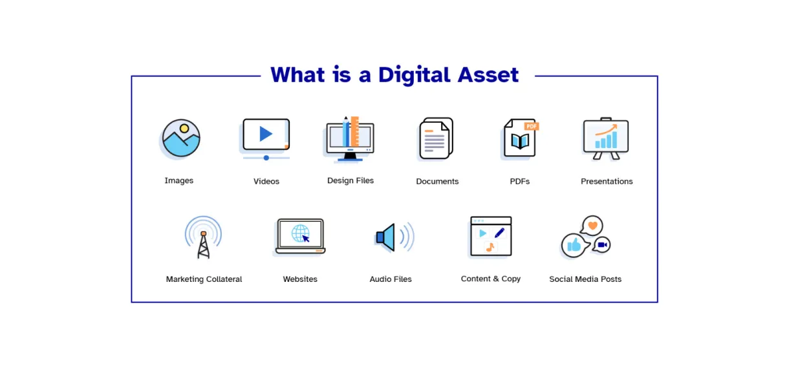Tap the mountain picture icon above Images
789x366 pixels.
181,138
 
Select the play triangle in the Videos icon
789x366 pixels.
266,134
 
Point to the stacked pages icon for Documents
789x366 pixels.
435,138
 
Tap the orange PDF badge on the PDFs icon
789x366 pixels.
532,126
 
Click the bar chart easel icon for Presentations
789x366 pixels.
606,138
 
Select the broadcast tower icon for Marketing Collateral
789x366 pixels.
204,238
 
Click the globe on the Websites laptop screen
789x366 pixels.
300,233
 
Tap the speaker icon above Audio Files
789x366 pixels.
387,237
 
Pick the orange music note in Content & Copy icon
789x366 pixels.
490,247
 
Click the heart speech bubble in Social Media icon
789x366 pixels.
591,226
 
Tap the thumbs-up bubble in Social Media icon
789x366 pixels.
574,245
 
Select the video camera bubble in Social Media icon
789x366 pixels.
602,245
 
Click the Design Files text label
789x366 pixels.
350,181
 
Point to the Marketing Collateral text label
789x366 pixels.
204,279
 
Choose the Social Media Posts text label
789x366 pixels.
585,279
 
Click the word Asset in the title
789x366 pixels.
488,75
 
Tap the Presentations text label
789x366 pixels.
606,182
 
